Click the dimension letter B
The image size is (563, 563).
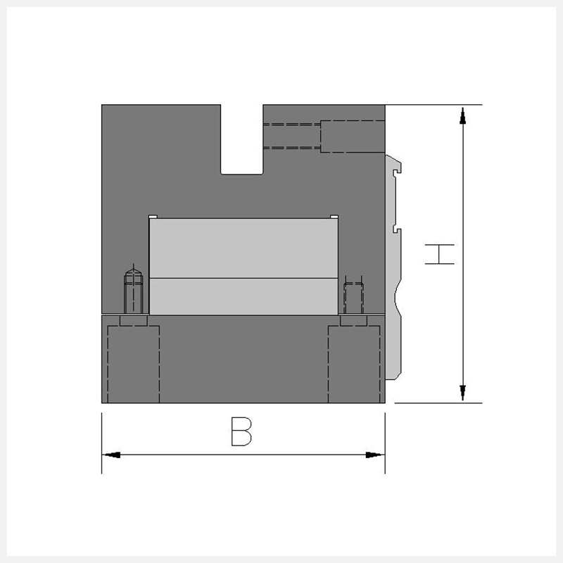(x=241, y=431)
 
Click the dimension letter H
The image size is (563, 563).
(x=439, y=254)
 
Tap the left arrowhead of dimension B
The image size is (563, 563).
(x=111, y=455)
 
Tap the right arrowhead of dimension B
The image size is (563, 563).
(x=375, y=455)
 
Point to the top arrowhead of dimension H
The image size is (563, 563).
(x=463, y=115)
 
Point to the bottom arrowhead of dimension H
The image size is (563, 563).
(x=463, y=393)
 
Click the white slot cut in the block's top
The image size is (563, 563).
(x=242, y=139)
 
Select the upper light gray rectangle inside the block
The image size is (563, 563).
(x=243, y=248)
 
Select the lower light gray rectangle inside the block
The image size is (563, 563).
(x=243, y=296)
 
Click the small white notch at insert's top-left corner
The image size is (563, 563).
(x=153, y=217)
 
